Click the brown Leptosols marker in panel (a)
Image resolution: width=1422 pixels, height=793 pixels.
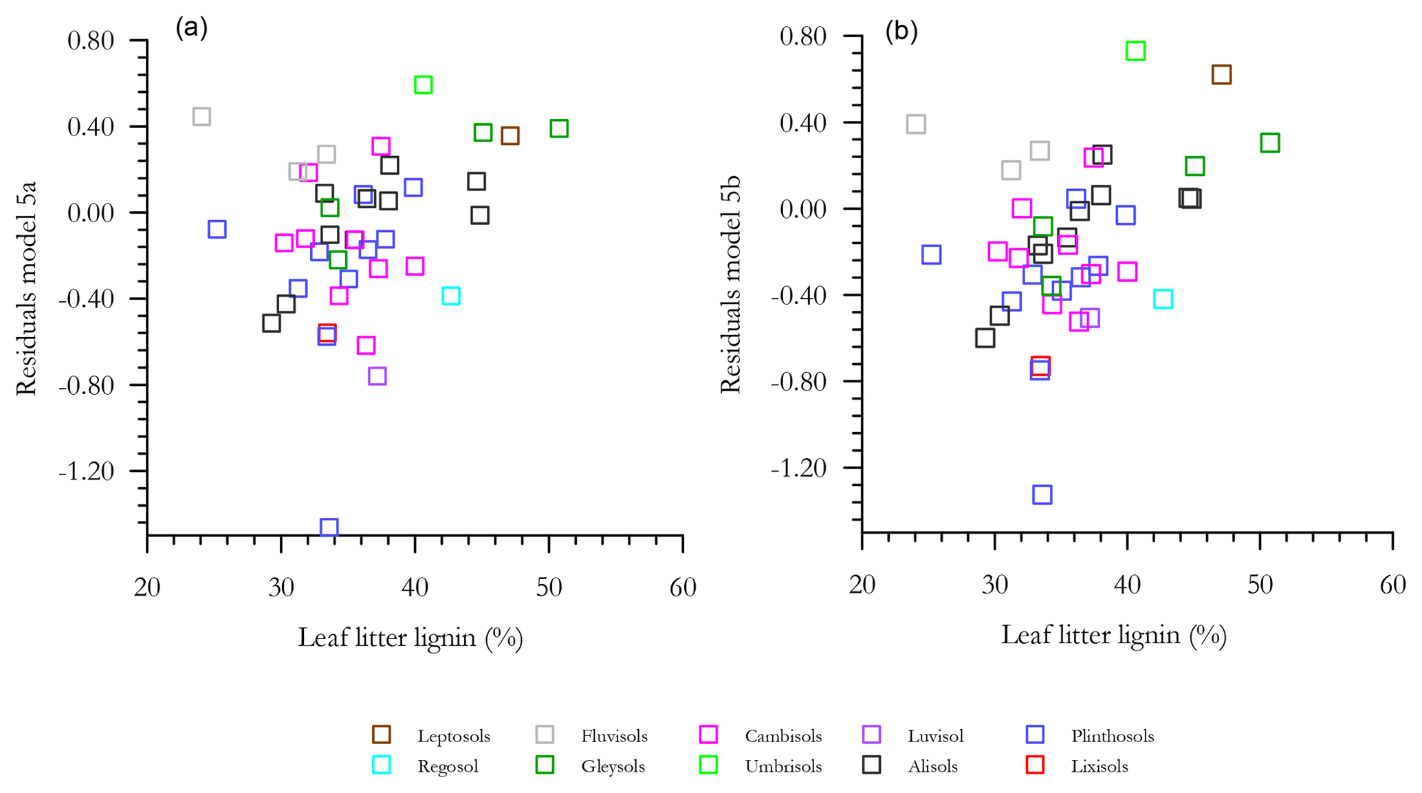(x=510, y=135)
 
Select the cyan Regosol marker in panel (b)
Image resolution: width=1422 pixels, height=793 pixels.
(x=1162, y=299)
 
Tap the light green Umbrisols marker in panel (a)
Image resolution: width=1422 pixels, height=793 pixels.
(x=423, y=85)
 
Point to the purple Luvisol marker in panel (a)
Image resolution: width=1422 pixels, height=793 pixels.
(x=377, y=376)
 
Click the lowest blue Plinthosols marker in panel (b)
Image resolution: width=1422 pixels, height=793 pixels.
(x=1042, y=495)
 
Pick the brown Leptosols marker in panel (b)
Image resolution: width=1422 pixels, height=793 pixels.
(x=1221, y=74)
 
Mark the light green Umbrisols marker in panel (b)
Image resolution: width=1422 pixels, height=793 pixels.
(x=1135, y=51)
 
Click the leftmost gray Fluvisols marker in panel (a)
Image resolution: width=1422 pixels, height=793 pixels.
(x=201, y=116)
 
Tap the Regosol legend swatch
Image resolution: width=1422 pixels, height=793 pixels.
(x=382, y=765)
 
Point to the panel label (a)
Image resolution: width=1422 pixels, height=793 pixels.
(x=191, y=28)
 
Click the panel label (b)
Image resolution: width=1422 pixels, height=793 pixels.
(x=901, y=32)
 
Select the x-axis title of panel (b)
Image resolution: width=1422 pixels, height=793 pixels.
(x=1113, y=634)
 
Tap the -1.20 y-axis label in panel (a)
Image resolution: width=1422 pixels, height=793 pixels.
(x=96, y=471)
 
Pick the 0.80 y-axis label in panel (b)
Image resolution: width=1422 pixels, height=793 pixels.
(x=802, y=36)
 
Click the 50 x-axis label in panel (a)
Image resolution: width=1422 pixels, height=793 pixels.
(x=548, y=588)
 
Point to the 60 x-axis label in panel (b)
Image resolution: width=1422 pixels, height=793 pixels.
(x=1392, y=585)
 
